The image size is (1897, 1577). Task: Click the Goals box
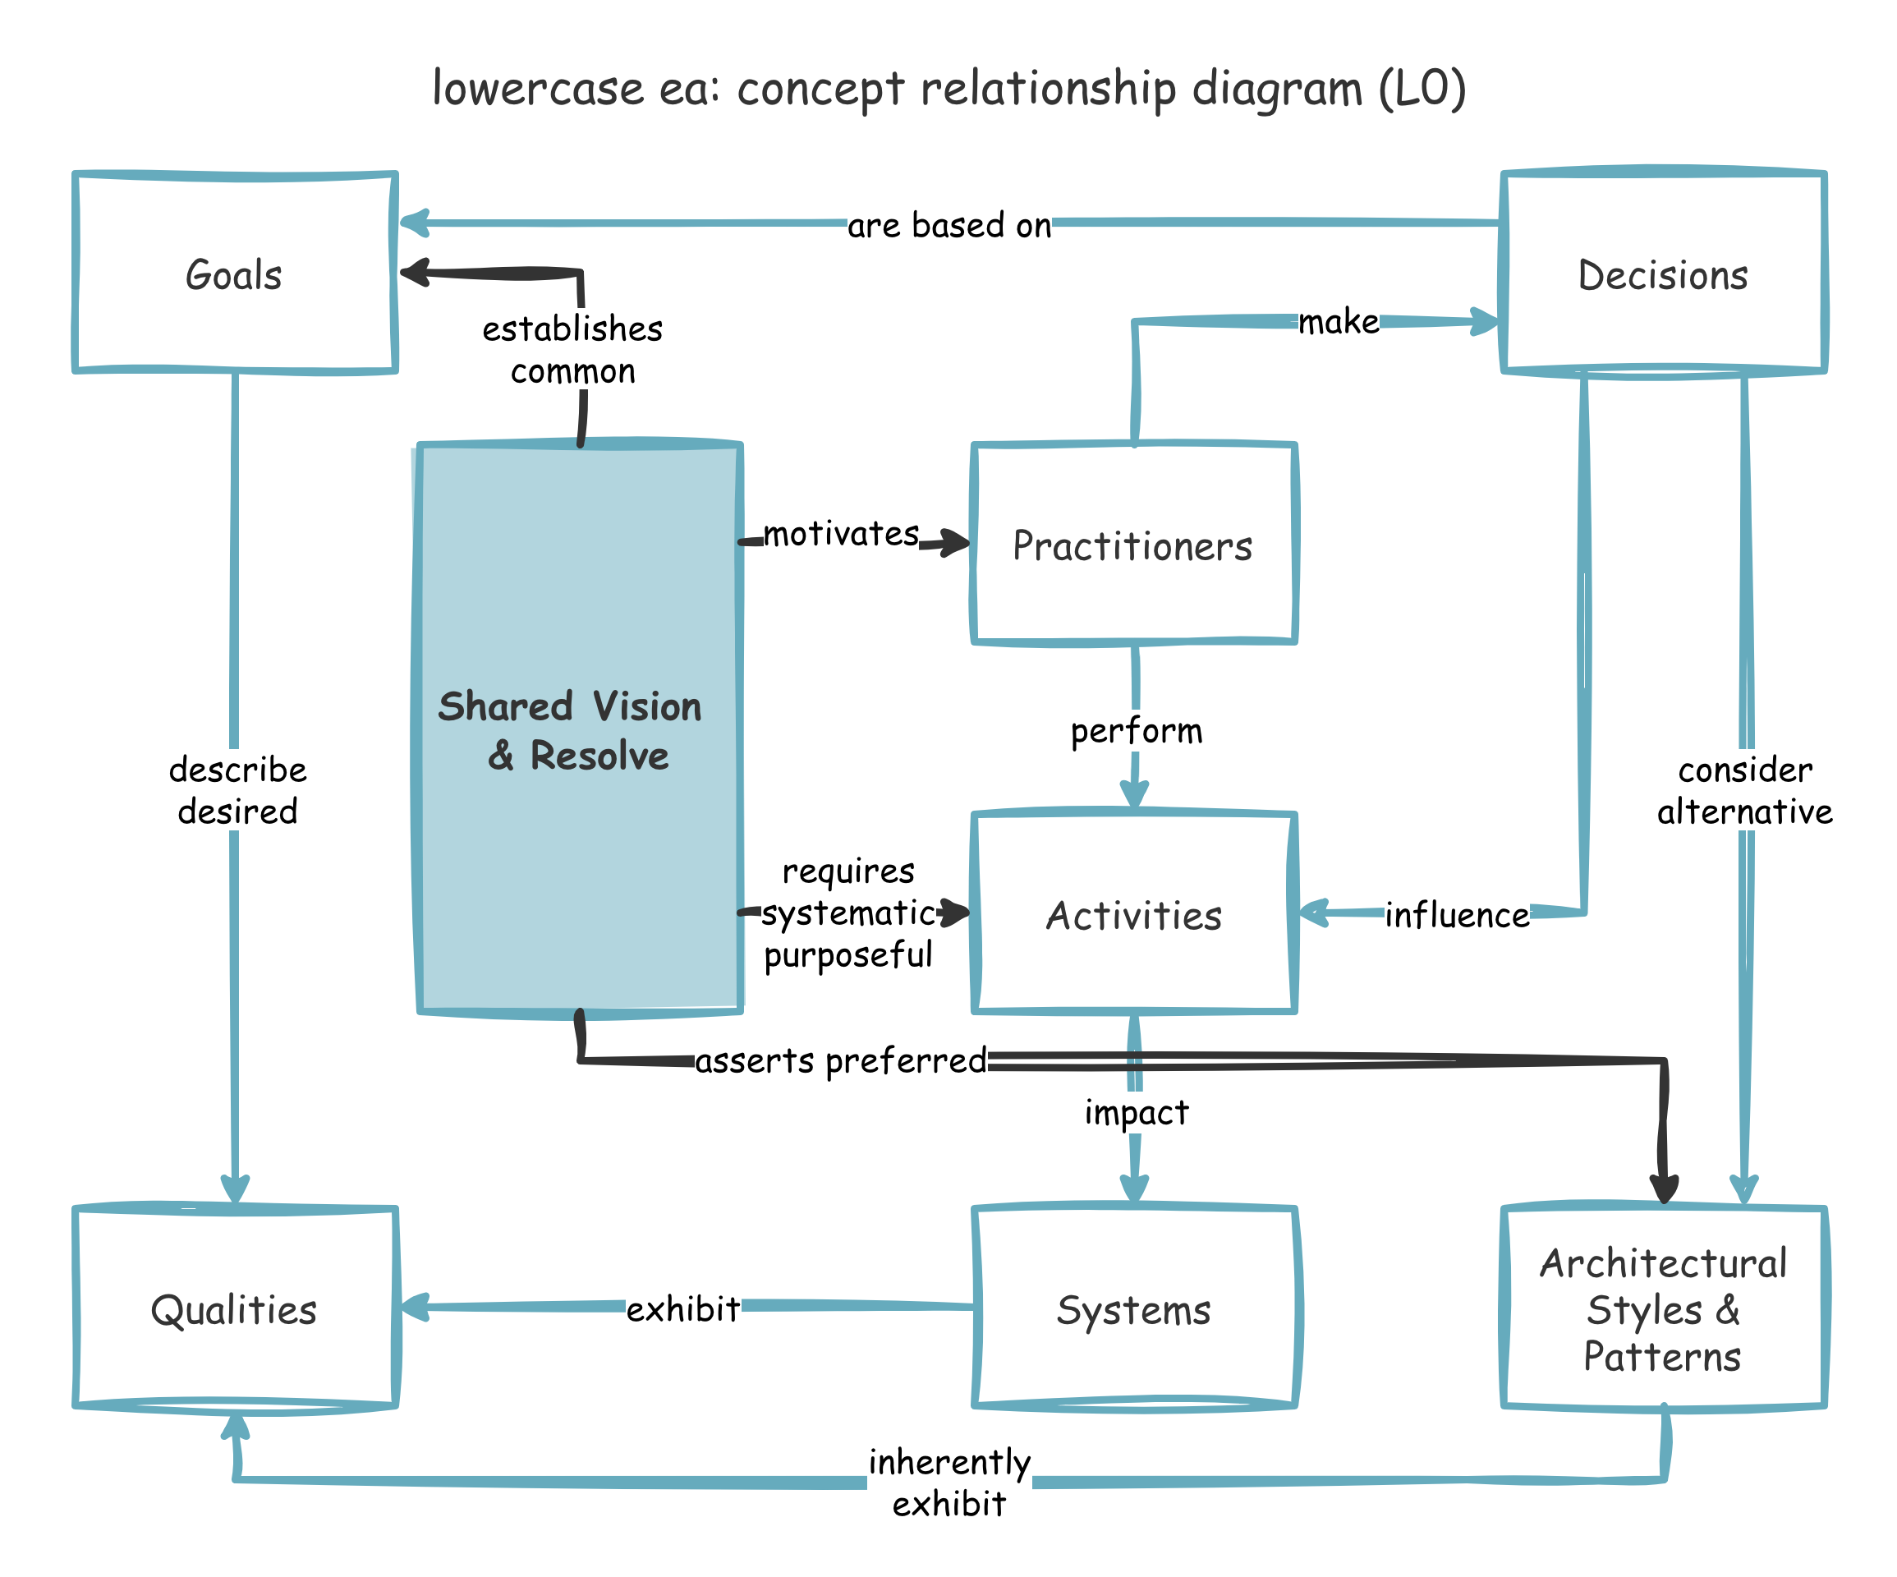coord(235,273)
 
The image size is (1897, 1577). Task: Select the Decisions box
coord(1663,273)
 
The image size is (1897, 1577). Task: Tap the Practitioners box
coord(1132,544)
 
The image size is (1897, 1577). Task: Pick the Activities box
coord(1132,913)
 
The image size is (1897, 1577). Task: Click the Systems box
coord(1132,1308)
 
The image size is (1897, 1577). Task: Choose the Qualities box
coord(235,1308)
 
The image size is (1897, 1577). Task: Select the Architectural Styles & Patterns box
coord(1663,1308)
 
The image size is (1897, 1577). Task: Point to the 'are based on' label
coord(948,225)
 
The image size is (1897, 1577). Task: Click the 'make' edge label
coord(1338,322)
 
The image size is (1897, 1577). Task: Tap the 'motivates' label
coord(841,533)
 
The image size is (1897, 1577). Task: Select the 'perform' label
coord(1136,730)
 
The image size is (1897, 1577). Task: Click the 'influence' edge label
coord(1456,914)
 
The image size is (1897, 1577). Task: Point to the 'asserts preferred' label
coord(840,1060)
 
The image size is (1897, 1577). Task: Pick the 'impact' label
coord(1136,1111)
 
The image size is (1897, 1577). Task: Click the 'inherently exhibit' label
coord(948,1482)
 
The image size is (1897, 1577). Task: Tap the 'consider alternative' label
coord(1744,790)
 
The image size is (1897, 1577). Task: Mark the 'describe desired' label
coord(237,790)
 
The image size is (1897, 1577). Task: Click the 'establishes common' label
coord(572,349)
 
